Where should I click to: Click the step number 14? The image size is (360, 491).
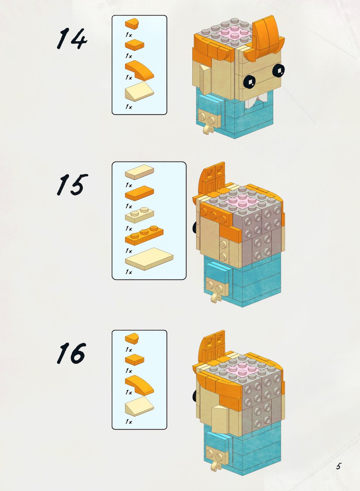pyautogui.click(x=72, y=38)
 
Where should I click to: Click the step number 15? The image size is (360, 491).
pyautogui.click(x=72, y=185)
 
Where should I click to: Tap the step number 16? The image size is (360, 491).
pyautogui.click(x=71, y=353)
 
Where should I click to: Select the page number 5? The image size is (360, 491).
pyautogui.click(x=338, y=466)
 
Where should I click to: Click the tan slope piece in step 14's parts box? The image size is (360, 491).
pyautogui.click(x=139, y=92)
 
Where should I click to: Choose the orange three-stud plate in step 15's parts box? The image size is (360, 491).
pyautogui.click(x=144, y=235)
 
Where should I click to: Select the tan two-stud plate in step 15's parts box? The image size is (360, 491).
pyautogui.click(x=139, y=215)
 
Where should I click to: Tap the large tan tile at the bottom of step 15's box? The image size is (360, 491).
pyautogui.click(x=149, y=259)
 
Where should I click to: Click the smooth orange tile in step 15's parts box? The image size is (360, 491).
pyautogui.click(x=139, y=193)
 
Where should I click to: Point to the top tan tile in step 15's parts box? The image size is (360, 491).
pyautogui.click(x=139, y=172)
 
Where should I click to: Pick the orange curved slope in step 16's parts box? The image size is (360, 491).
pyautogui.click(x=139, y=384)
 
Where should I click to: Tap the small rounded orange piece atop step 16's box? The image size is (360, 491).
pyautogui.click(x=132, y=339)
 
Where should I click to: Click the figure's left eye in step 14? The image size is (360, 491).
pyautogui.click(x=250, y=82)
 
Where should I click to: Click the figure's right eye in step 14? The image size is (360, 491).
pyautogui.click(x=279, y=70)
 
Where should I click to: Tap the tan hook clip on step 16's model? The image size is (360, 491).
pyautogui.click(x=217, y=465)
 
